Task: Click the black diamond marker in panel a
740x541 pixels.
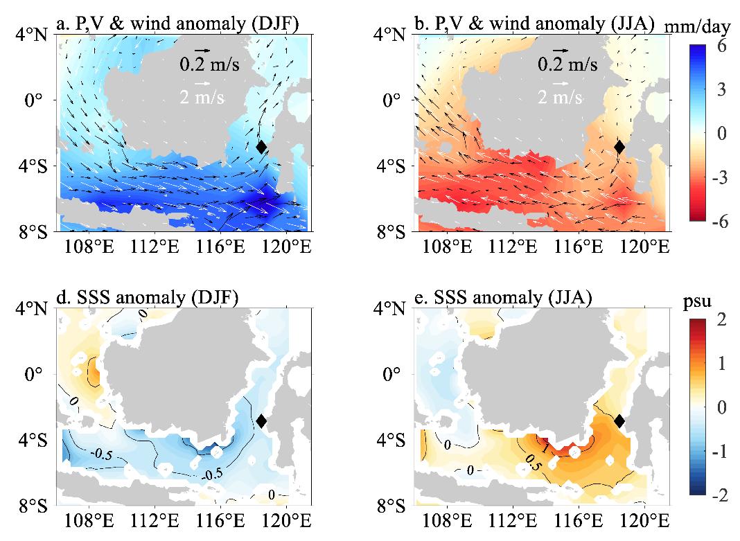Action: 261,147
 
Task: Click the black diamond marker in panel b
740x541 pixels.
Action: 619,147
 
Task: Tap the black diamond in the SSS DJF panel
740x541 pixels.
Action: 261,420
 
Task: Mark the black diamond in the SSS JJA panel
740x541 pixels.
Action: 619,420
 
